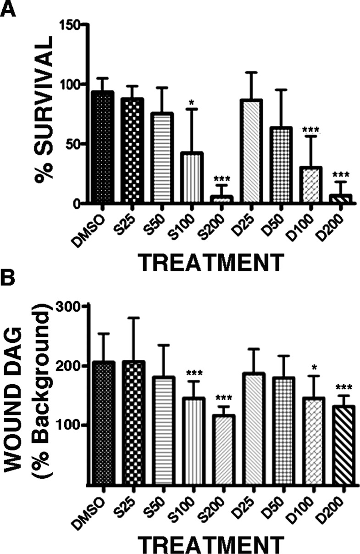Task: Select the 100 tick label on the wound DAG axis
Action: click(x=68, y=425)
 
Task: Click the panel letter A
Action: click(x=8, y=8)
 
